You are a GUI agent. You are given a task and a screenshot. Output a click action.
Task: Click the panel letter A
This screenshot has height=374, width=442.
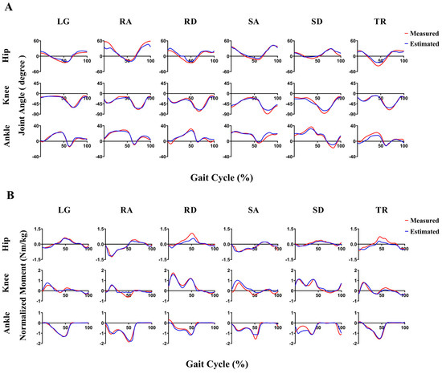7,7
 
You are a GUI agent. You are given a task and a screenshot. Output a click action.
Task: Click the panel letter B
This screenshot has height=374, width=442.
7,193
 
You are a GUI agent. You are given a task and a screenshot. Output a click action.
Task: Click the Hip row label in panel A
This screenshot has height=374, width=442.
10,55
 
